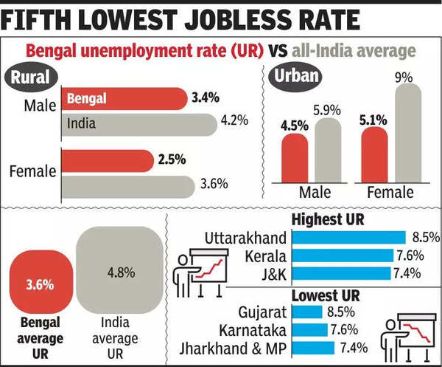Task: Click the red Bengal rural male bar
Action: [125, 99]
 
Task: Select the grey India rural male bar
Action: [140, 123]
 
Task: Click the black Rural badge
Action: [30, 78]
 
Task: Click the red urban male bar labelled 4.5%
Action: [295, 157]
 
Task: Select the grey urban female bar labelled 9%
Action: [404, 133]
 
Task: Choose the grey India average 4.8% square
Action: [119, 272]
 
